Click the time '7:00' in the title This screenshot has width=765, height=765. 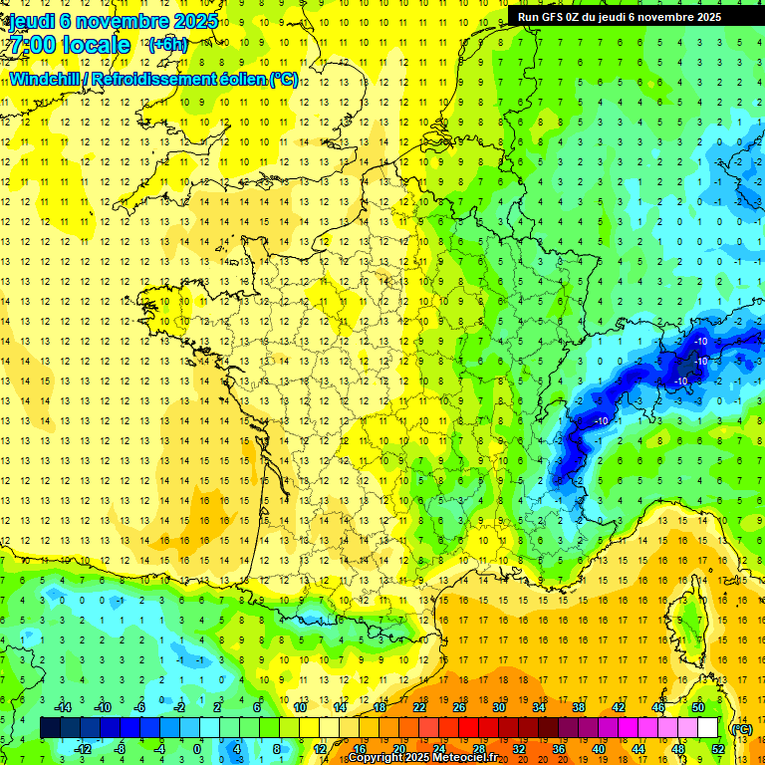(x=31, y=45)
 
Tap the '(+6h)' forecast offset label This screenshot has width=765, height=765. (x=166, y=44)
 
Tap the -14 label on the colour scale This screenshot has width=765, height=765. (x=62, y=707)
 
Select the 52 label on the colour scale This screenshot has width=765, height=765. (x=718, y=749)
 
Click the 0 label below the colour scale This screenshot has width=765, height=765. (x=196, y=749)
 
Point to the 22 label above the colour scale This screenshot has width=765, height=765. (x=419, y=707)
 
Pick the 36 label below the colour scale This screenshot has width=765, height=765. (x=559, y=749)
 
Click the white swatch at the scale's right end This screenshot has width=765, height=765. (x=707, y=728)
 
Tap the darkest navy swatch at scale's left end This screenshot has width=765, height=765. (x=50, y=728)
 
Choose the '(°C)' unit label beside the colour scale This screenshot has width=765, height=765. (x=741, y=729)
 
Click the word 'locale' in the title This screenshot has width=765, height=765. (x=96, y=45)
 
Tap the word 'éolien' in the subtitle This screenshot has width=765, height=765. (x=244, y=79)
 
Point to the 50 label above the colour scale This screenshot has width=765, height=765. (x=698, y=707)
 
